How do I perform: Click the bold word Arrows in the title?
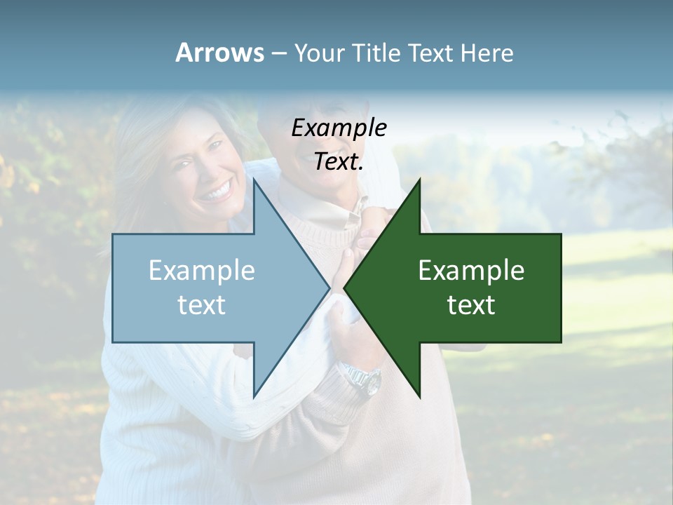[x=219, y=53]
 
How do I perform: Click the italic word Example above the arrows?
[x=339, y=128]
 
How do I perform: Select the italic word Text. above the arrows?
[x=339, y=161]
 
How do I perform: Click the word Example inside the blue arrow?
[x=202, y=270]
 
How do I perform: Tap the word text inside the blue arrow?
[x=202, y=304]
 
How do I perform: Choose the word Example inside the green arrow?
[x=471, y=270]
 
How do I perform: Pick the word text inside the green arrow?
[x=471, y=304]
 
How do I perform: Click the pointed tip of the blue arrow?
[x=329, y=288]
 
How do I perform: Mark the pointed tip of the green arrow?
[x=345, y=288]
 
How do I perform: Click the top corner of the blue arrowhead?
[x=254, y=180]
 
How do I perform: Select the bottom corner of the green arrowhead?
[x=419, y=396]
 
